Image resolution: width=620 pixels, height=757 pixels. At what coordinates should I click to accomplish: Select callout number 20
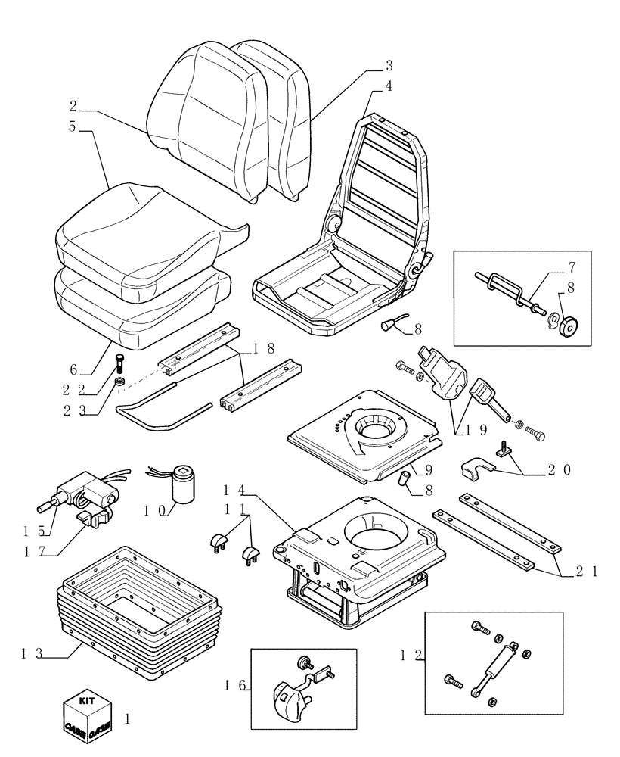click(562, 469)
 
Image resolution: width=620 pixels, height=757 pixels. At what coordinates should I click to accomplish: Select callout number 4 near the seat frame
click(388, 86)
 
